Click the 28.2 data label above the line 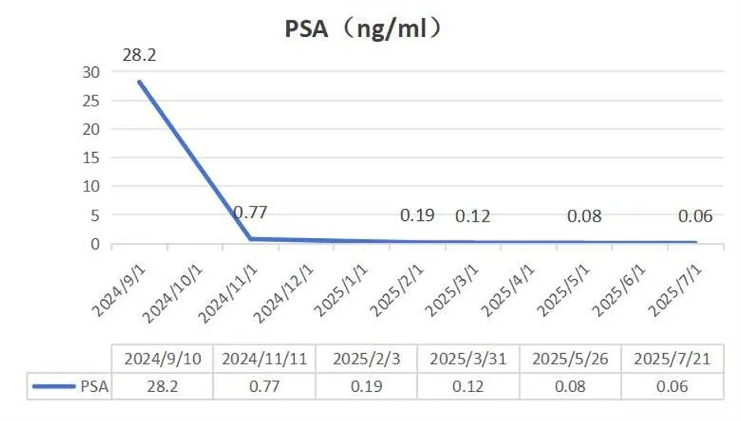pyautogui.click(x=140, y=56)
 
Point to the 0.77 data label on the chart pyautogui.click(x=251, y=211)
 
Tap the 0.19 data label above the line pyautogui.click(x=417, y=214)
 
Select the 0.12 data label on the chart pyautogui.click(x=472, y=216)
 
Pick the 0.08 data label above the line pyautogui.click(x=584, y=216)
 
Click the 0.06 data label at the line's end pyautogui.click(x=695, y=216)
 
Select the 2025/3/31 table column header pyautogui.click(x=467, y=359)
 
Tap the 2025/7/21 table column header pyautogui.click(x=672, y=359)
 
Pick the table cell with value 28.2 pyautogui.click(x=162, y=386)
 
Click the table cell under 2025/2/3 pyautogui.click(x=366, y=386)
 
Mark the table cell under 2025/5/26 pyautogui.click(x=570, y=386)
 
